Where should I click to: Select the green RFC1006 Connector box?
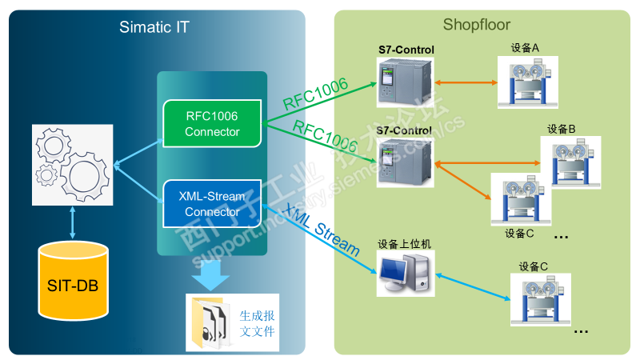[212, 124]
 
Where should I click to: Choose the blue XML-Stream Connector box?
[212, 204]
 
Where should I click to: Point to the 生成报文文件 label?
[257, 322]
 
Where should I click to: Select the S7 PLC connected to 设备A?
[406, 83]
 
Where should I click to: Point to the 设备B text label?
[562, 129]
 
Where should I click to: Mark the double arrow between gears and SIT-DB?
[73, 222]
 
